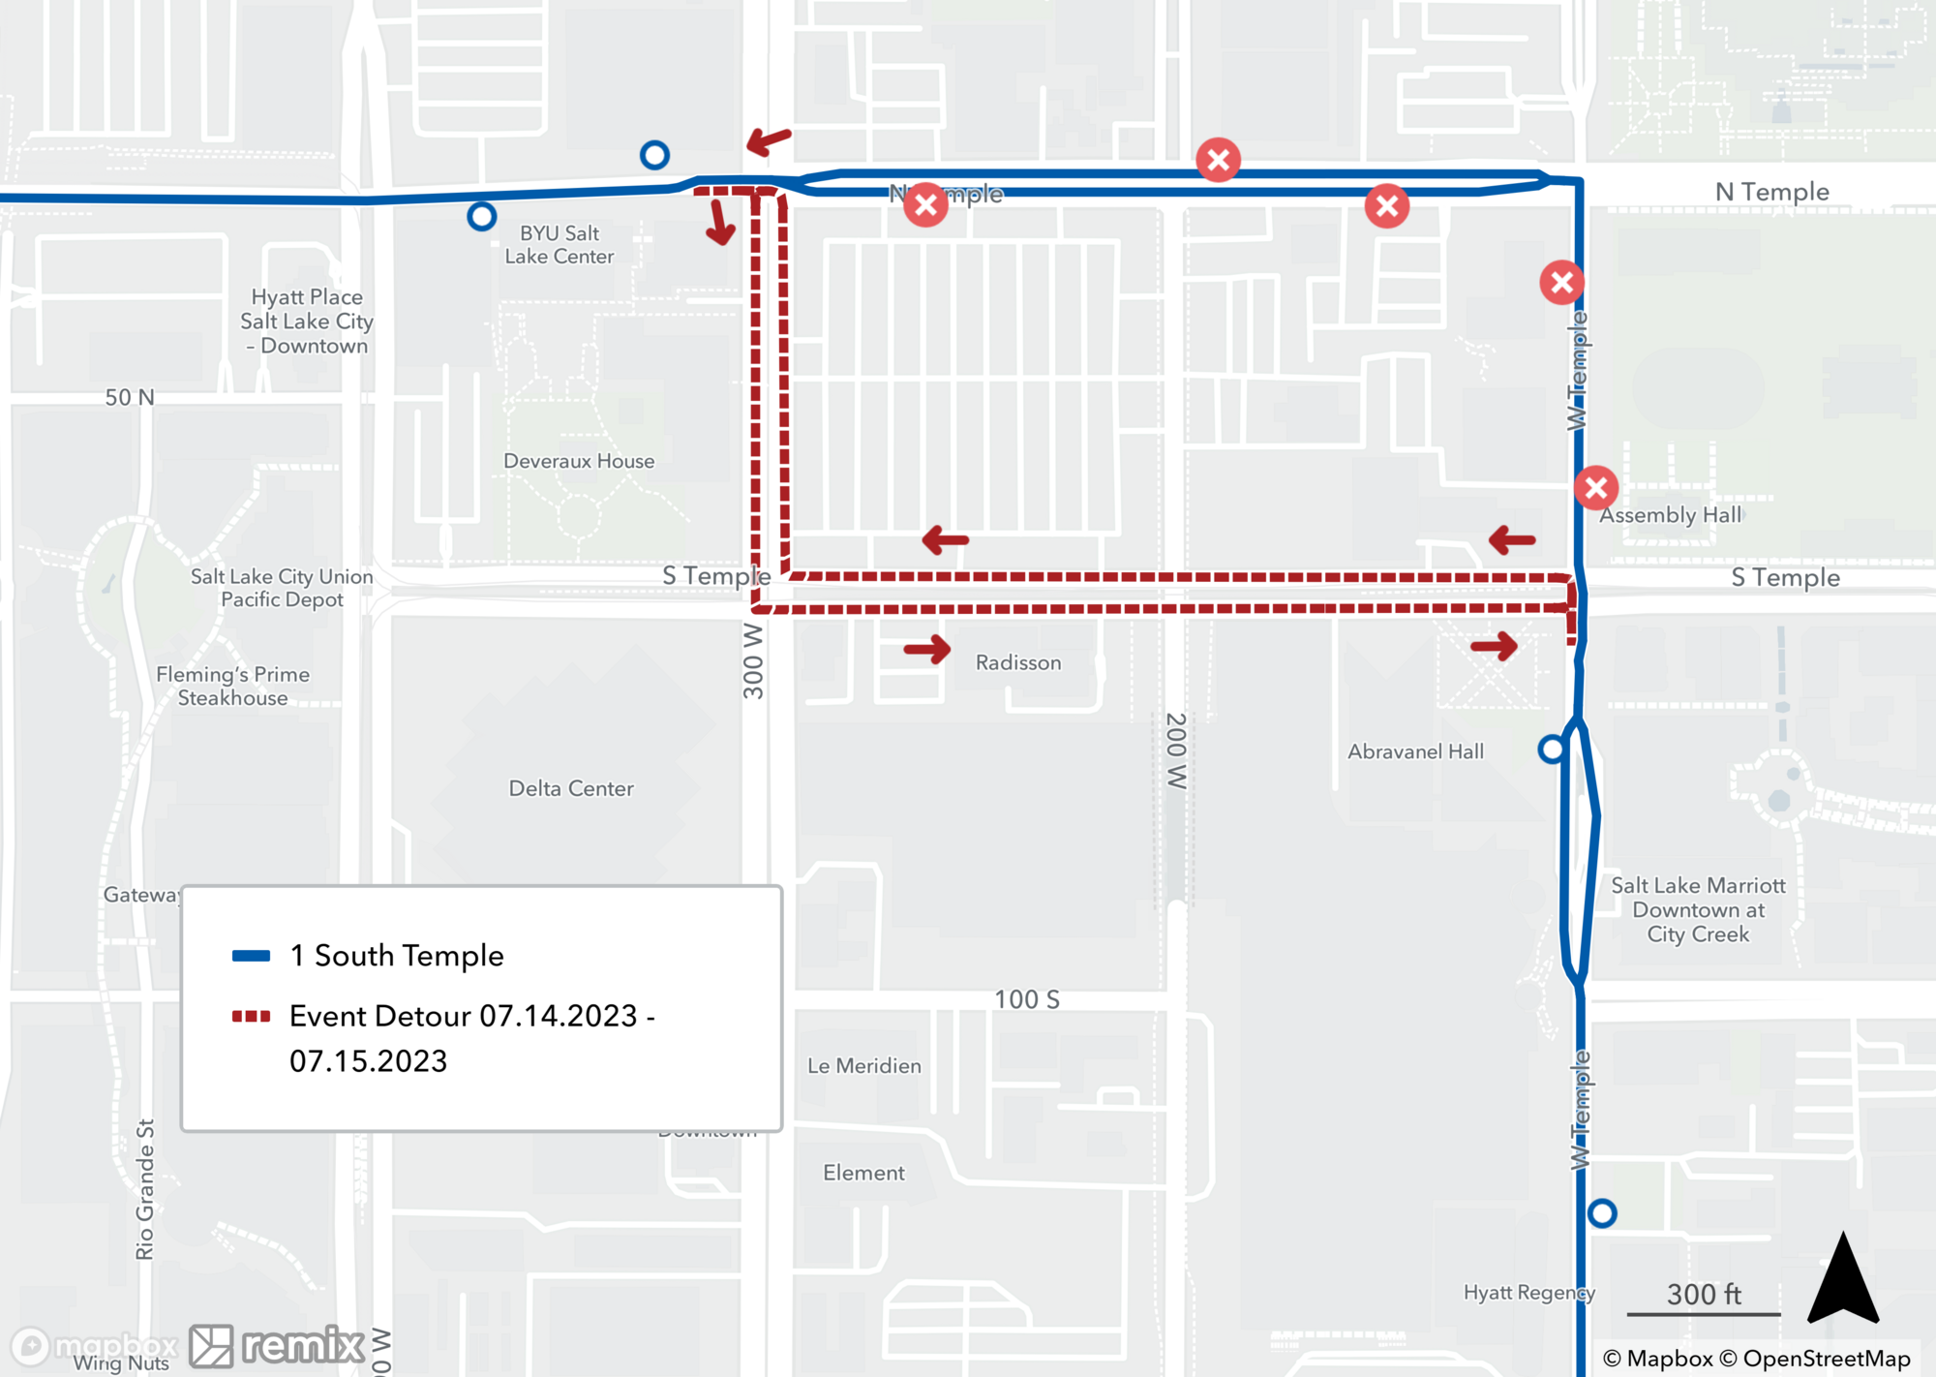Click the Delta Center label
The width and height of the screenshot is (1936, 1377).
click(x=571, y=788)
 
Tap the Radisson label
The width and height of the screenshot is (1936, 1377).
click(x=1018, y=662)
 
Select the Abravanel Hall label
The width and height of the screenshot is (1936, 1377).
click(x=1415, y=751)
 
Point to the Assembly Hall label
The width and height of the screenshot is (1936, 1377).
click(x=1670, y=515)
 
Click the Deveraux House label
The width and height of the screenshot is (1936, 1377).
click(x=579, y=461)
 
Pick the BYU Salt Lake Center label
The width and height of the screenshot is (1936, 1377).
click(x=560, y=245)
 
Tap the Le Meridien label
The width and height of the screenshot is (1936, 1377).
click(x=864, y=1065)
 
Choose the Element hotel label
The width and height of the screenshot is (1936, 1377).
click(x=863, y=1173)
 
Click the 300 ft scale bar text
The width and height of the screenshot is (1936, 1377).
click(x=1704, y=1294)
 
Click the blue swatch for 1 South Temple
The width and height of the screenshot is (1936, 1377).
click(x=251, y=956)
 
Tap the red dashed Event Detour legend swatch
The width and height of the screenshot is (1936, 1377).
click(x=251, y=1017)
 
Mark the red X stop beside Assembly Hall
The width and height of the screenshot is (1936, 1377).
click(x=1596, y=488)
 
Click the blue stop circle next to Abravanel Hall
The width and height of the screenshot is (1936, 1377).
click(x=1552, y=749)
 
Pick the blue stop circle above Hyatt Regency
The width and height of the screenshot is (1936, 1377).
click(x=1602, y=1212)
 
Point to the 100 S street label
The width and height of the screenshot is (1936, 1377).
click(x=1027, y=999)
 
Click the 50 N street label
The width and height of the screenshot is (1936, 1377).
click(x=130, y=397)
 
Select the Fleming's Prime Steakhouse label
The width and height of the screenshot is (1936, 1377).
click(x=233, y=686)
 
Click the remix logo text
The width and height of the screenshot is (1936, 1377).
click(x=303, y=1345)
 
